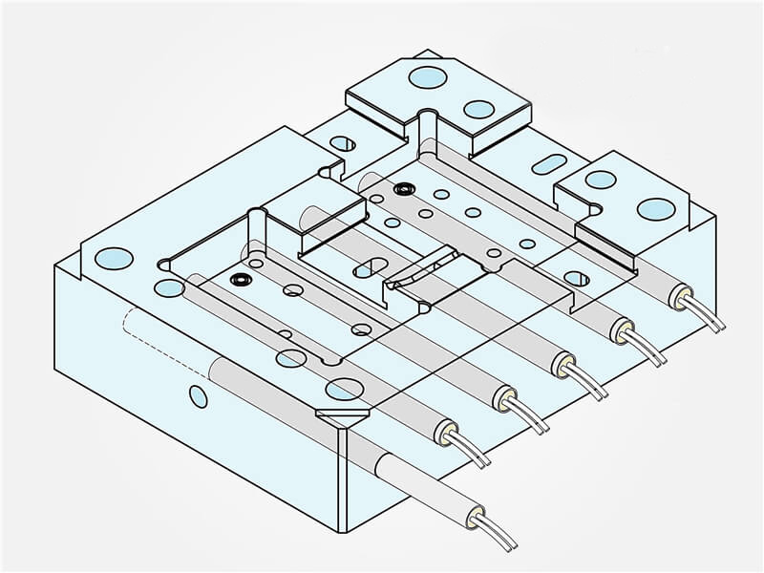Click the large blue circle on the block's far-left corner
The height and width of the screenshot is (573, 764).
pyautogui.click(x=113, y=257)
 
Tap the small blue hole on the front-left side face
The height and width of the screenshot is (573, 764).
pyautogui.click(x=199, y=395)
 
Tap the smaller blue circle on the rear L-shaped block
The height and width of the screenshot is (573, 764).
pyautogui.click(x=478, y=108)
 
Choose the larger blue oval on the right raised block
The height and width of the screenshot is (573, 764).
pyautogui.click(x=655, y=208)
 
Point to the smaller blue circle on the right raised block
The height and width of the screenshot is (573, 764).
pyautogui.click(x=601, y=180)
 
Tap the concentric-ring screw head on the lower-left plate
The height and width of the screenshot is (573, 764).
pyautogui.click(x=239, y=280)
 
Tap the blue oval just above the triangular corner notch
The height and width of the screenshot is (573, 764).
pyautogui.click(x=340, y=389)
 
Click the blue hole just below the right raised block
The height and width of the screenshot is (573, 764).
pyautogui.click(x=577, y=279)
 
